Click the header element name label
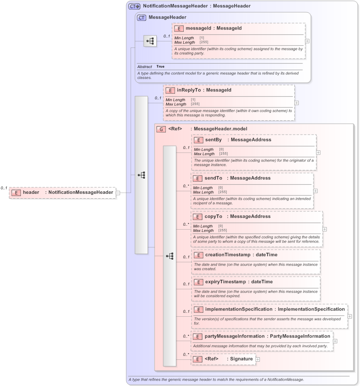tap(31, 192)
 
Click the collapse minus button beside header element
tap(118, 192)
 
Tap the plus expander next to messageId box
tap(308, 41)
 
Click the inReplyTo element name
tap(188, 90)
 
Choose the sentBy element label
tap(213, 140)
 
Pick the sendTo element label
tap(213, 178)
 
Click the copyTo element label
tap(213, 216)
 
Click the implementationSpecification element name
tap(238, 309)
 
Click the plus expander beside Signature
tap(258, 359)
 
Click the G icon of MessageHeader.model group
tap(161, 129)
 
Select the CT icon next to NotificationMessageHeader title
tap(134, 6)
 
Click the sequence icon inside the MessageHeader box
tap(150, 41)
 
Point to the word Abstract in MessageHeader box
tap(145, 67)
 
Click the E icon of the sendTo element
tap(198, 178)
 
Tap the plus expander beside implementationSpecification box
tap(350, 316)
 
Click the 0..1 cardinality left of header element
tap(4, 188)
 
